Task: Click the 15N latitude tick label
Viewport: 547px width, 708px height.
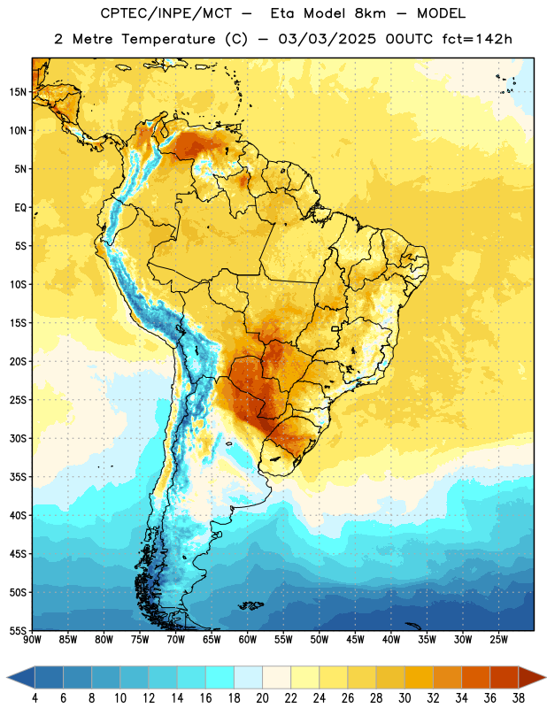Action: click(18, 92)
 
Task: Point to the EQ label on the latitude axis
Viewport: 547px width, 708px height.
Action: click(20, 208)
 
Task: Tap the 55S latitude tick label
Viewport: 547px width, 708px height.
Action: click(18, 630)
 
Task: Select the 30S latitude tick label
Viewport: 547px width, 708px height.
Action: click(18, 438)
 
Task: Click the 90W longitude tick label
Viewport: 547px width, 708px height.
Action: click(32, 639)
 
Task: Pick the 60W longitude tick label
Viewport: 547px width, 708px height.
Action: click(248, 639)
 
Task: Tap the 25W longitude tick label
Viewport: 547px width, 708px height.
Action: click(498, 639)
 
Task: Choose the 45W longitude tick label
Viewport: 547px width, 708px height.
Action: click(355, 639)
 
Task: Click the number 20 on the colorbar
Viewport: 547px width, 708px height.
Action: click(262, 698)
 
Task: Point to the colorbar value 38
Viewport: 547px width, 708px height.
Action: click(518, 698)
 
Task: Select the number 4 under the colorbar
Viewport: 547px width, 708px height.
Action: click(35, 698)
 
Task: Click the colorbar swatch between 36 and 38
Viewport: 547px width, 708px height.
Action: click(505, 678)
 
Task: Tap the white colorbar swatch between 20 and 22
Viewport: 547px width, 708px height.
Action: click(276, 678)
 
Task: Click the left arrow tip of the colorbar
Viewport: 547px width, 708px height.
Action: click(7, 678)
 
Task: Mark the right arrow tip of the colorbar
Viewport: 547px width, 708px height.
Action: click(545, 678)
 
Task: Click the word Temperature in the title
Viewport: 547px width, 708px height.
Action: click(168, 39)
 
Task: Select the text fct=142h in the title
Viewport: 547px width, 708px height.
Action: click(477, 39)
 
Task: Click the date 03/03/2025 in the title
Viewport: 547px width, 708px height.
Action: click(327, 39)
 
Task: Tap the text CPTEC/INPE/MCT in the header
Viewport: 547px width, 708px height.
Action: click(166, 13)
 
